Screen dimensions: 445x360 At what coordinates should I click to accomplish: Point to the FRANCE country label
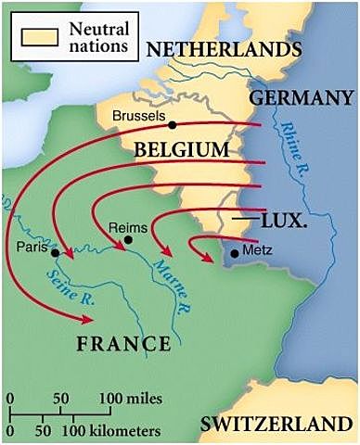coord(124,344)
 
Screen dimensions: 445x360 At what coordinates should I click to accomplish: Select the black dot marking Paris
coord(57,251)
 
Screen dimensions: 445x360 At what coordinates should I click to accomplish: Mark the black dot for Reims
coord(129,239)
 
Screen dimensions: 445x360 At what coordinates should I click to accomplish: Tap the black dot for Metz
coord(235,251)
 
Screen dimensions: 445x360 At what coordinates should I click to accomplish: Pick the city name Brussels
coord(138,117)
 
